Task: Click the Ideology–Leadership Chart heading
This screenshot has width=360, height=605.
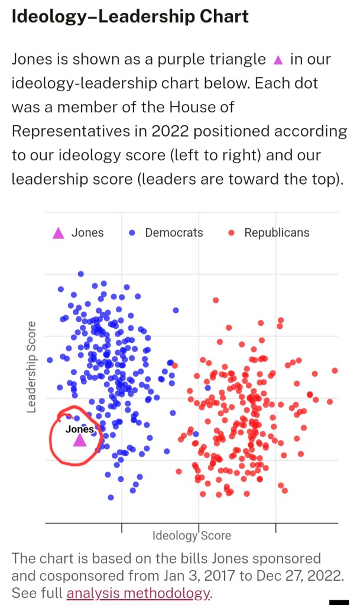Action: (x=130, y=16)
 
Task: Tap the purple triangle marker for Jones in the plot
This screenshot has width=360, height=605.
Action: (x=79, y=440)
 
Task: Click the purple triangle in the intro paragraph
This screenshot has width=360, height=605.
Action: (x=278, y=60)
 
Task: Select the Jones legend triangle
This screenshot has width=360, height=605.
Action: (x=58, y=233)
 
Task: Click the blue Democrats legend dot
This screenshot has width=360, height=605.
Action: (x=132, y=233)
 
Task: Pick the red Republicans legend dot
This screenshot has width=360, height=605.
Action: (x=232, y=233)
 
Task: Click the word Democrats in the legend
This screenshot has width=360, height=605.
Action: (x=174, y=233)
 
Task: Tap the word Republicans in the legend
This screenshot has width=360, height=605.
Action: (x=277, y=233)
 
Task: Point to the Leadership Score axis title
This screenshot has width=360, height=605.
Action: (x=33, y=367)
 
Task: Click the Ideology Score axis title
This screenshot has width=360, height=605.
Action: (x=192, y=536)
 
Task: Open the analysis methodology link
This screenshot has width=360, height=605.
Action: (x=138, y=593)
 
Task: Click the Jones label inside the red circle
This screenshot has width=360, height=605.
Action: (x=79, y=429)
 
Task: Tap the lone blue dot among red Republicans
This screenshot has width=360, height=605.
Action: (x=207, y=388)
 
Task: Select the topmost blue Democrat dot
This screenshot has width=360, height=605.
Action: (x=81, y=274)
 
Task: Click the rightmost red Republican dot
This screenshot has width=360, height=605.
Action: (x=335, y=371)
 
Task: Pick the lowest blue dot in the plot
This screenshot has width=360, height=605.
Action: (x=111, y=497)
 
